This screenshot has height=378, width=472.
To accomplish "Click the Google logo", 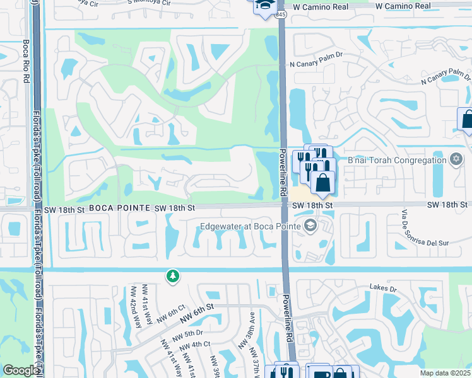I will [x=21, y=370].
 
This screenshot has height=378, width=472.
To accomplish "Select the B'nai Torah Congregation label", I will [x=397, y=160].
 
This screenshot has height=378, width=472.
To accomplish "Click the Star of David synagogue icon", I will [x=456, y=159].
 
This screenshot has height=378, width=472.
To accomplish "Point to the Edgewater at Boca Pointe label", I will [x=251, y=227].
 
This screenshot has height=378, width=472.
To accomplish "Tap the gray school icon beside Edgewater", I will [x=310, y=226].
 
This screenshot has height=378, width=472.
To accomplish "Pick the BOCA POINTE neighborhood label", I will [x=119, y=207].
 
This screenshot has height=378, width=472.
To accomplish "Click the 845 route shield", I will [x=281, y=14].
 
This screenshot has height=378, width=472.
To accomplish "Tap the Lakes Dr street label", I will [x=383, y=289].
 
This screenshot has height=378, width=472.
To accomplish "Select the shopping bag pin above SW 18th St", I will [x=322, y=183].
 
